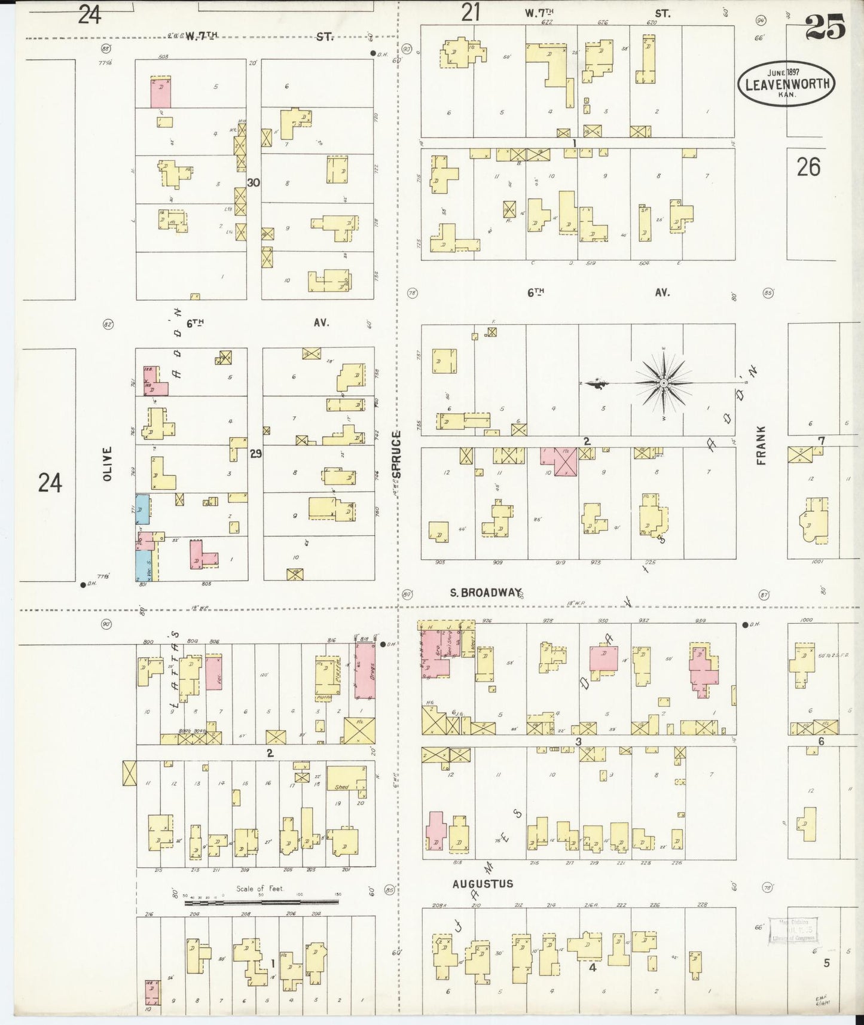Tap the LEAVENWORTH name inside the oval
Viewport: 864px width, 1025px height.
point(787,84)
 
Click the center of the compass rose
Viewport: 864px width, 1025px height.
point(664,382)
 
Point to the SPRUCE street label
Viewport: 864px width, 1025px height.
point(396,454)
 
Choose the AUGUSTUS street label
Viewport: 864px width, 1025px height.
point(483,883)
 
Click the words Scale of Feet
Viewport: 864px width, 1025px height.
point(259,889)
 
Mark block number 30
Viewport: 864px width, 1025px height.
point(254,183)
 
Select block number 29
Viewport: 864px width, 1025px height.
point(255,454)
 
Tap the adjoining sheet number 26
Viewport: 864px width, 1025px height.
point(808,167)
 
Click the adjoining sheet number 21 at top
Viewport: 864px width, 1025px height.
point(471,13)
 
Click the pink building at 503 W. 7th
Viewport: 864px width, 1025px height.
point(160,92)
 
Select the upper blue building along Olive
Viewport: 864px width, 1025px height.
point(142,510)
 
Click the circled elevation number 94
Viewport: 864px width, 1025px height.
point(761,20)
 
